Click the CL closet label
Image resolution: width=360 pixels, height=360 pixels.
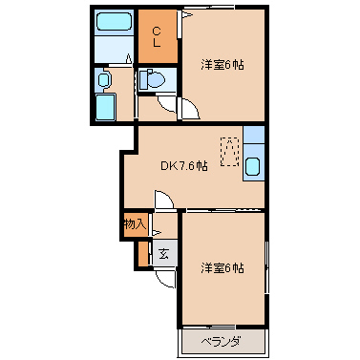(157, 37)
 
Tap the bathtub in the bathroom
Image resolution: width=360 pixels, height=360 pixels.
(114, 22)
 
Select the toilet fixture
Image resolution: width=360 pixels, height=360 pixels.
(152, 78)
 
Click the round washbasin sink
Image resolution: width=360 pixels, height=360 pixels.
(104, 79)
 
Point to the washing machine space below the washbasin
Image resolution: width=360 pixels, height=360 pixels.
(106, 108)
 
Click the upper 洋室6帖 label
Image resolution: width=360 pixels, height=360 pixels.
(222, 65)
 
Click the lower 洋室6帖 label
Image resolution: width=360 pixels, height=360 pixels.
(222, 267)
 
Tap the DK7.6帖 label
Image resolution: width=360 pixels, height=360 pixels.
(184, 165)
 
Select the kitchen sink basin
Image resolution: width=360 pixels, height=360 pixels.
(253, 166)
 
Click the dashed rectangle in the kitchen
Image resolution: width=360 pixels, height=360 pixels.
(229, 151)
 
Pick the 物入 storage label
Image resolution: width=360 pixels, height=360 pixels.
(135, 224)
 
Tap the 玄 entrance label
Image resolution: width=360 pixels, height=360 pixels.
(163, 254)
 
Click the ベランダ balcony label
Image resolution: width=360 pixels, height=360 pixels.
(221, 342)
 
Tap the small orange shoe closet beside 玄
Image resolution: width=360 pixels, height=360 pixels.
(143, 254)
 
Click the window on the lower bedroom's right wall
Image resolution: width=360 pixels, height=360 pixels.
(266, 267)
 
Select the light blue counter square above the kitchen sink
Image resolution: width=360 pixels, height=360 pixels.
(254, 135)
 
